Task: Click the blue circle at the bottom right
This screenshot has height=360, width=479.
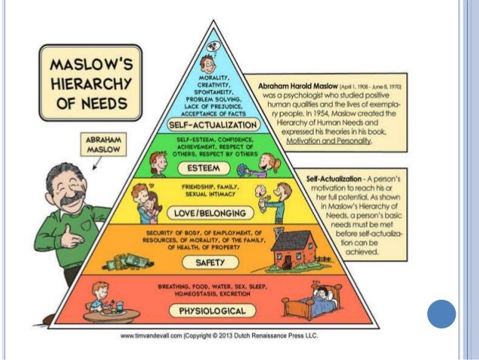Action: (441, 313)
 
